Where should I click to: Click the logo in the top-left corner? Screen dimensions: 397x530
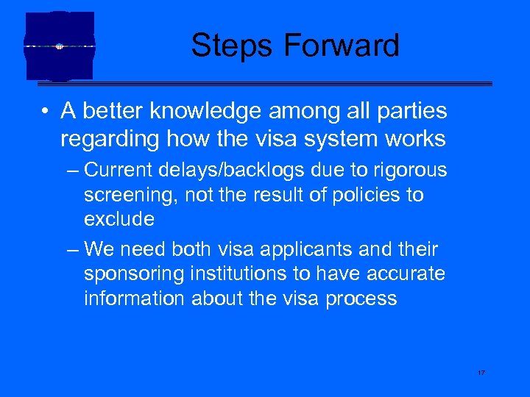(60, 46)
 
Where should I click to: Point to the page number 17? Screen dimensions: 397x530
(481, 373)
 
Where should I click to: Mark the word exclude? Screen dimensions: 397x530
(119, 219)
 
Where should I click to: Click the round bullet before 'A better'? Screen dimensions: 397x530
(46, 112)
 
